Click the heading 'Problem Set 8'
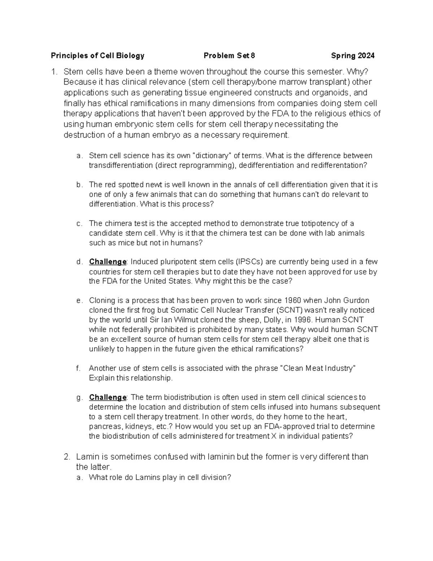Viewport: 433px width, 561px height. coord(229,56)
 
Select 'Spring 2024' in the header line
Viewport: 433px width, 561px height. coord(353,56)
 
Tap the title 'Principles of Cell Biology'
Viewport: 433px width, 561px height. coord(97,56)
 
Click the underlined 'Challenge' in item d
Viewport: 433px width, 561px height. coord(108,262)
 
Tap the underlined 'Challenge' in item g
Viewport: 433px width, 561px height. coord(108,397)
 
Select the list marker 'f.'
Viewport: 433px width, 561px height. coord(78,368)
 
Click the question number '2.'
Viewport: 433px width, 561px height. coord(67,457)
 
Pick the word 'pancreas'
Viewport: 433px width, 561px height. coord(104,427)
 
